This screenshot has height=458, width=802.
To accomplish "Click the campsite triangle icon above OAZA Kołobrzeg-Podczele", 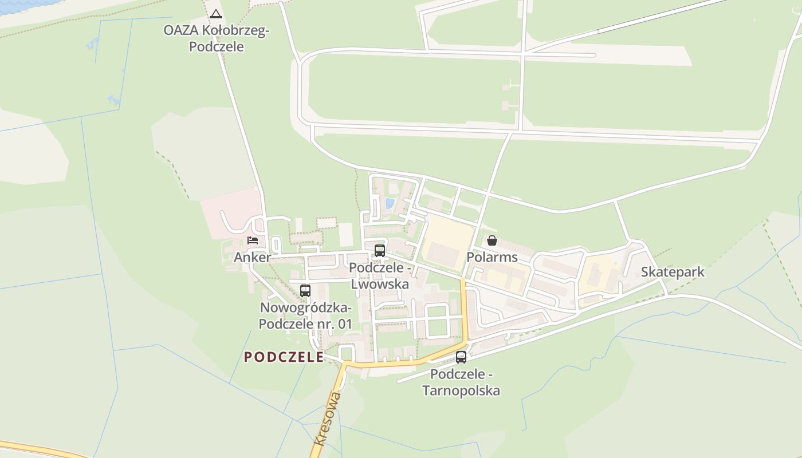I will pos(215,14).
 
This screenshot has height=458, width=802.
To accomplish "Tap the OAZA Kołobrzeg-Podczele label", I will pos(216,38).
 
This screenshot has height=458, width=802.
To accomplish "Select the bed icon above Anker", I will pos(253,240).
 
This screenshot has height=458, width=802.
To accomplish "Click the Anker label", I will pos(252,257).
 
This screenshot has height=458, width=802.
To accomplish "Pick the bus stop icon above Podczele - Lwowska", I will pos(379,250).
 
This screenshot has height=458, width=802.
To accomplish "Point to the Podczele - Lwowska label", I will pos(380,275).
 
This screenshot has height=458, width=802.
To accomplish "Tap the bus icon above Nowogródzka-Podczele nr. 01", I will pos(305,290).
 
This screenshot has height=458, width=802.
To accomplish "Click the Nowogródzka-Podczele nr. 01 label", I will pos(305,315).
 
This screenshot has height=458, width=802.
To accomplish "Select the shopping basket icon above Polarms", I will pos(492,240).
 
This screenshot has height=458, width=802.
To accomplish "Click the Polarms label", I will pos(492,257).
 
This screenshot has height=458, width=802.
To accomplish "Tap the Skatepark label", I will pos(673,272).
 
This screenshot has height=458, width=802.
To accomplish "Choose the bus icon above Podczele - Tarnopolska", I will pos(461,357).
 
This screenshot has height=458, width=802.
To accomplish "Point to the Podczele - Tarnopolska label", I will pos(461,382).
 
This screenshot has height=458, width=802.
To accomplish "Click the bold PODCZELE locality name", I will pos(284,357).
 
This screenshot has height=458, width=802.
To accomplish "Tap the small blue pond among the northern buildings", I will pos(390,203).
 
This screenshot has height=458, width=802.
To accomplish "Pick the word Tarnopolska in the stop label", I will pos(461,391).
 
